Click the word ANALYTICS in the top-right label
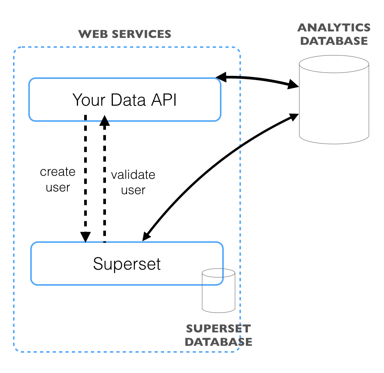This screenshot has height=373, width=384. pos(334,28)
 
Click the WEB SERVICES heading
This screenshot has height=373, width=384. pos(125,34)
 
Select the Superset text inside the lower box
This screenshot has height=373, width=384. pos(127,264)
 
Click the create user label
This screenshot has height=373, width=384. pos(58,180)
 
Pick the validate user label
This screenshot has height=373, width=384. pos(133,182)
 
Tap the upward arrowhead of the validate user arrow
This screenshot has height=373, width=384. pos(104,121)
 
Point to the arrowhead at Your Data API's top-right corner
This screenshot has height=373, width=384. pos(221,78)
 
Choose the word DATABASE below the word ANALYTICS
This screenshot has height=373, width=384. pos(334,41)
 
